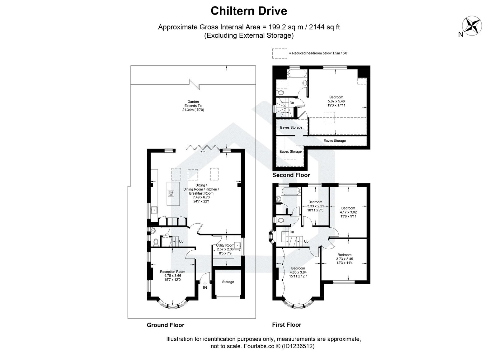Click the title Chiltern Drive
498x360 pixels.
[x=249, y=11]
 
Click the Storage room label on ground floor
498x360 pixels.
[x=228, y=282]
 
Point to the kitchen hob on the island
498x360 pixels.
[x=171, y=194]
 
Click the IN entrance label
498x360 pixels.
[x=205, y=287]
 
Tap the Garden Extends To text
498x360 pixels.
[x=193, y=106]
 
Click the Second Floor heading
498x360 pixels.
[x=291, y=175]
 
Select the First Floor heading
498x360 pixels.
[x=287, y=325]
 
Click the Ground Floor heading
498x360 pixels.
[x=165, y=325]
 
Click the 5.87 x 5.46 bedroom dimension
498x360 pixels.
[x=336, y=101]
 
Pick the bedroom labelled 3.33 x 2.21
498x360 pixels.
[x=315, y=206]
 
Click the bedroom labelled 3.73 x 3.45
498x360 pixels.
[x=344, y=259]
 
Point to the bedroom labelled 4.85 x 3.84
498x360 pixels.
[x=298, y=272]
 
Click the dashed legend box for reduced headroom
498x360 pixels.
[x=280, y=53]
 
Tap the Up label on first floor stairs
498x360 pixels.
[x=306, y=241]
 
